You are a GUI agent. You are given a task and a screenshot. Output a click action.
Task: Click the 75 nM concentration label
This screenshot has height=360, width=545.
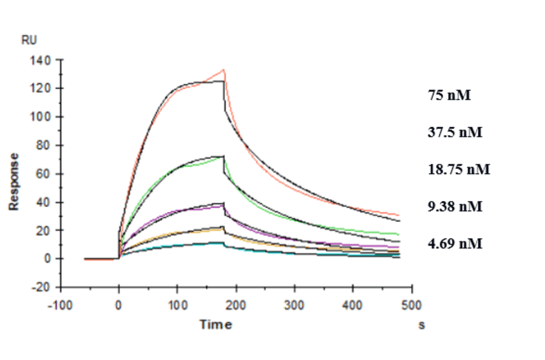pyautogui.click(x=449, y=95)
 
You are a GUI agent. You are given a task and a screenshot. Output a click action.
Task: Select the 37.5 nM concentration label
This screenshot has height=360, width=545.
pyautogui.click(x=455, y=132)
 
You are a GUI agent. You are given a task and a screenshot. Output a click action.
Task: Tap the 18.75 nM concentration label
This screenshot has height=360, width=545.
pyautogui.click(x=458, y=169)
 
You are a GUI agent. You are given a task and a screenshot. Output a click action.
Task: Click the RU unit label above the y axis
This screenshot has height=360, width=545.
pyautogui.click(x=29, y=41)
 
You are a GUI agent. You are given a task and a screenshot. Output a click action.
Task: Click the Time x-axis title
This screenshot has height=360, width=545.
pyautogui.click(x=216, y=325)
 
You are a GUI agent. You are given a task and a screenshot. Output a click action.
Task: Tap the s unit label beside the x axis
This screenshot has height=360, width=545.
pyautogui.click(x=421, y=325)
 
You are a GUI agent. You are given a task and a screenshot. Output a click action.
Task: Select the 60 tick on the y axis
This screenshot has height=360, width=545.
pyautogui.click(x=48, y=174)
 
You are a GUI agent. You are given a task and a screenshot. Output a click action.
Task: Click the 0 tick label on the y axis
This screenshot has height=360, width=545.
pyautogui.click(x=50, y=259)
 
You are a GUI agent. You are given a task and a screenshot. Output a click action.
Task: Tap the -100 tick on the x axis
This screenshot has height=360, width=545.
pyautogui.click(x=60, y=303)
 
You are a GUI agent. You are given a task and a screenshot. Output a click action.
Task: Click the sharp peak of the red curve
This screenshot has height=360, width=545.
pyautogui.click(x=223, y=70)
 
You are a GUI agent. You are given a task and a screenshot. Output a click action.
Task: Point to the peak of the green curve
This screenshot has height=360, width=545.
pyautogui.click(x=223, y=156)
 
